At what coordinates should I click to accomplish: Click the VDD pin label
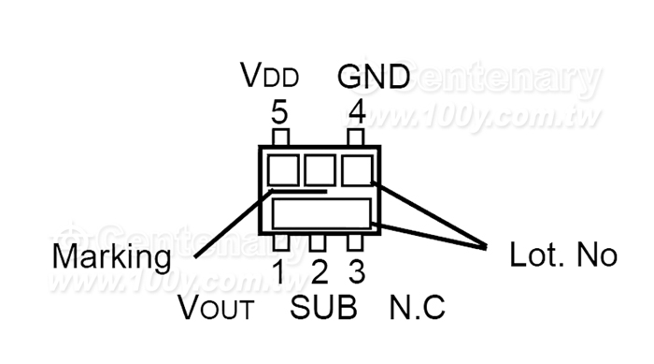point(270,75)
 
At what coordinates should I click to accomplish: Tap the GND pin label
point(374,76)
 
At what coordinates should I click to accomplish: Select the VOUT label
point(216,307)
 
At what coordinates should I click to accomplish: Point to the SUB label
point(323,307)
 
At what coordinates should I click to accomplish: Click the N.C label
point(417,307)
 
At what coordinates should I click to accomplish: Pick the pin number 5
point(279,112)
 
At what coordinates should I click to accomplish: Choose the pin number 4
point(358,112)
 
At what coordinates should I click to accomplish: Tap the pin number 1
point(279,271)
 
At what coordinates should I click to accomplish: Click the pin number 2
point(320,271)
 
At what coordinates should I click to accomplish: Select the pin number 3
point(357,271)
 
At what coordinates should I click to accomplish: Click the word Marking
point(111,257)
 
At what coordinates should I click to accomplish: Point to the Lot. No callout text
point(563,255)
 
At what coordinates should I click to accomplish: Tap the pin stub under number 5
point(280,138)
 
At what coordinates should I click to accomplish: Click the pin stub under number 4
point(355,138)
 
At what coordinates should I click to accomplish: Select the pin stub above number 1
point(280,242)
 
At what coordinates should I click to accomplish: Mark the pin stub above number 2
point(318,242)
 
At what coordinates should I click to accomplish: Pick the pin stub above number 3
point(355,242)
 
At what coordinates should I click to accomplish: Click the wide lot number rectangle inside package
point(321,214)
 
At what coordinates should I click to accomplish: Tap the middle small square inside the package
point(320,170)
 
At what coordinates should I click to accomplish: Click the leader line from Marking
point(234,225)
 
